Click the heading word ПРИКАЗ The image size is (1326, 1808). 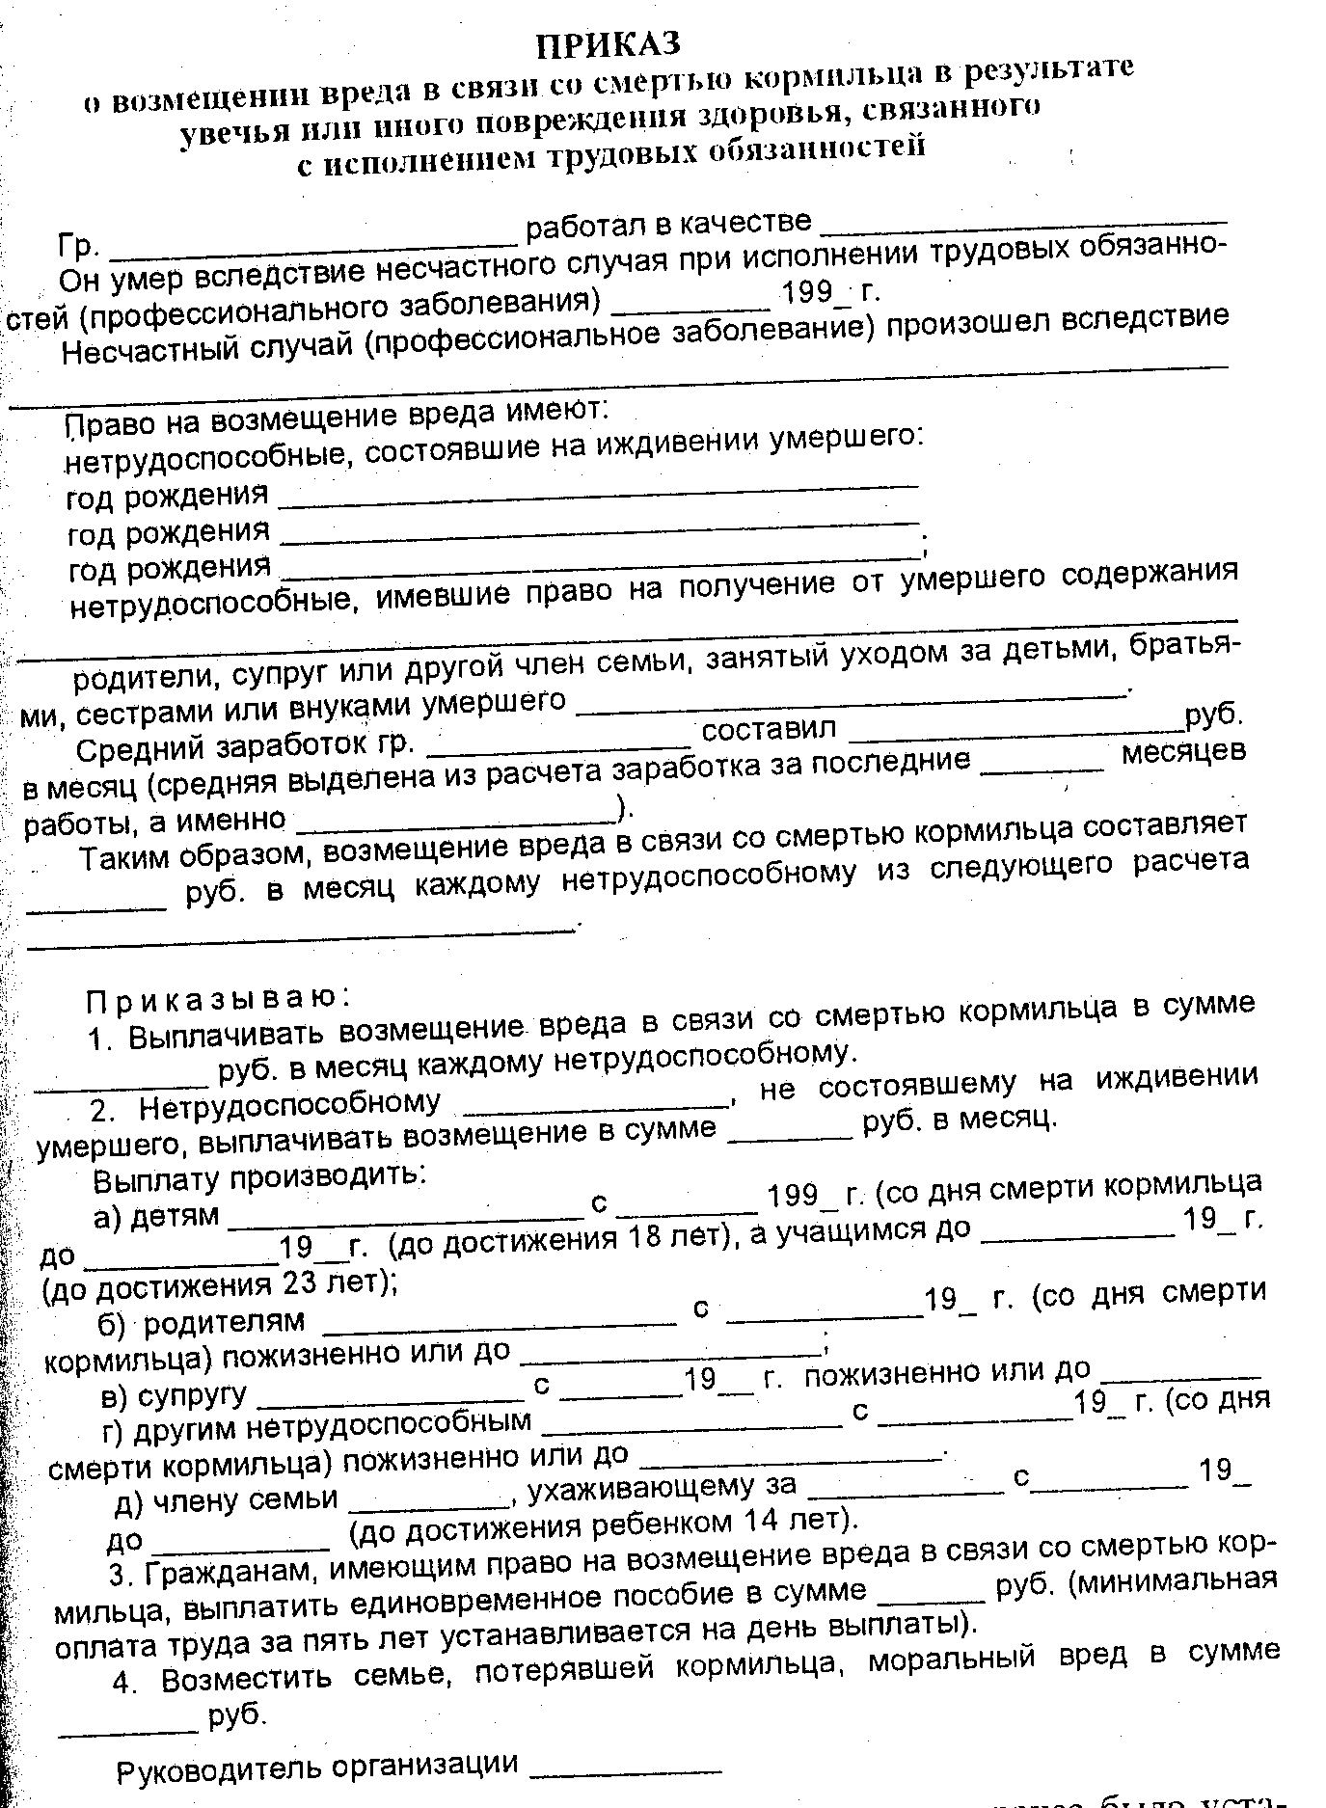tap(609, 44)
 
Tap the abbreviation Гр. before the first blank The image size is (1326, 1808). tap(78, 247)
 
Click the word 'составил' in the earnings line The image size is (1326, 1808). tap(769, 729)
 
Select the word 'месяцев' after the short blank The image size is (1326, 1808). tap(1183, 753)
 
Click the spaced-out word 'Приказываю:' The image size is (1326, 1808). tap(217, 999)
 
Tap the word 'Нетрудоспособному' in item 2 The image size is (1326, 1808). tap(290, 1105)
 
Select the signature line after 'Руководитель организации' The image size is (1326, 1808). tap(626, 1767)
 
